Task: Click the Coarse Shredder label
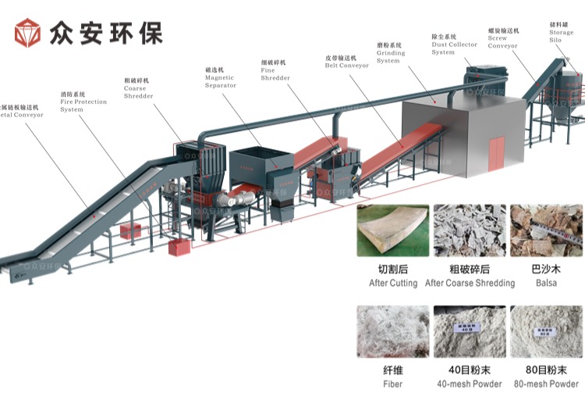pyautogui.click(x=138, y=88)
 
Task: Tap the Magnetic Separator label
pyautogui.click(x=220, y=77)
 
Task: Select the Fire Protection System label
pyautogui.click(x=83, y=102)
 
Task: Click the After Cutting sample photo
pyautogui.click(x=393, y=231)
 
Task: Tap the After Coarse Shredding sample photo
pyautogui.click(x=469, y=231)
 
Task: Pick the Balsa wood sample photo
pyautogui.click(x=545, y=231)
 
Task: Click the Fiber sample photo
pyautogui.click(x=393, y=331)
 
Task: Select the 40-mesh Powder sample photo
pyautogui.click(x=469, y=331)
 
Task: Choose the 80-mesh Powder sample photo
pyautogui.click(x=545, y=331)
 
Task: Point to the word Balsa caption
pyautogui.click(x=546, y=283)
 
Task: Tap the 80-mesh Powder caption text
pyautogui.click(x=546, y=384)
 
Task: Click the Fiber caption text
pyautogui.click(x=393, y=384)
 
